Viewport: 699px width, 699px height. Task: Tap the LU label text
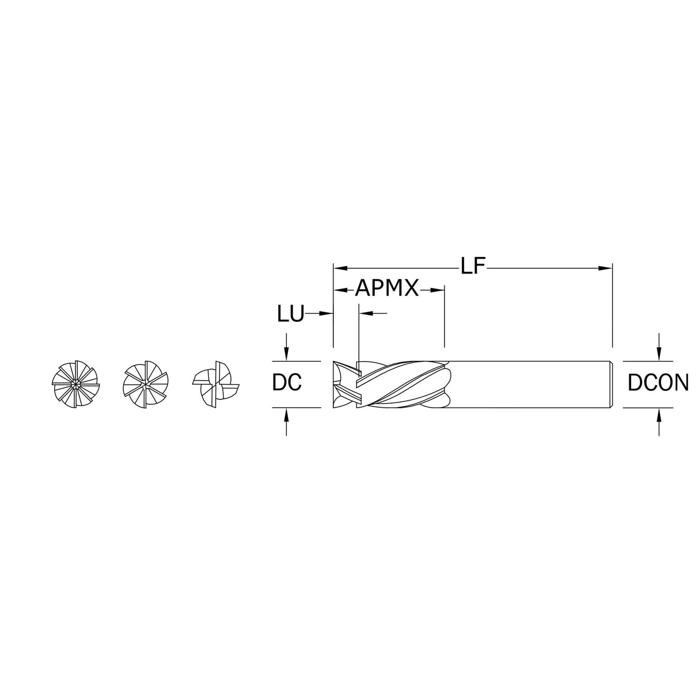click(290, 314)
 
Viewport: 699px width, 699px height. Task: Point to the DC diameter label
click(287, 383)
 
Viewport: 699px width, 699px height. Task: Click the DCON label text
click(658, 383)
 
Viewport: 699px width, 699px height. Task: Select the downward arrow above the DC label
click(286, 355)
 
